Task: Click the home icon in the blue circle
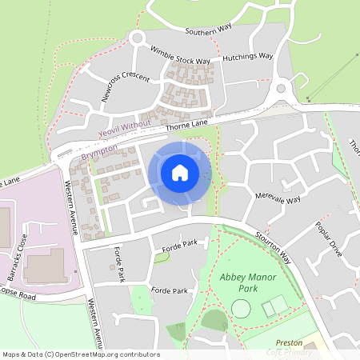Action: pos(180,173)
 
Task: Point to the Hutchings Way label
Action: pos(248,58)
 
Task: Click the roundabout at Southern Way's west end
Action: pos(136,38)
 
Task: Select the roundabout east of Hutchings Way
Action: pos(282,90)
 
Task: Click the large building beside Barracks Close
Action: pos(43,264)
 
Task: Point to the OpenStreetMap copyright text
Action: pos(80,354)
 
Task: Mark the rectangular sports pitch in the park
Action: pos(274,306)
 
